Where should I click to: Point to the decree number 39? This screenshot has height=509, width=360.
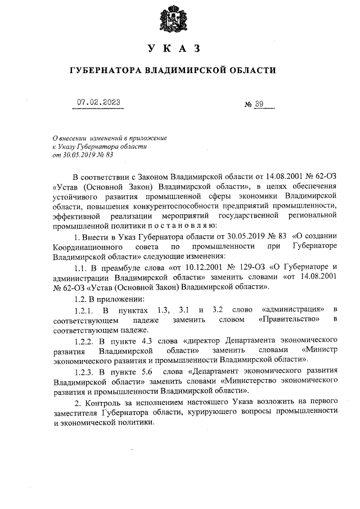point(261,104)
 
